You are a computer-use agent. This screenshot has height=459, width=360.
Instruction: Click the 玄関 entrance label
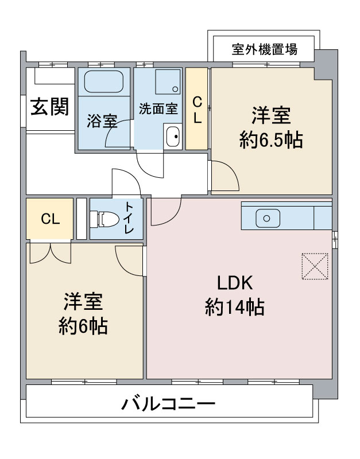click(x=50, y=107)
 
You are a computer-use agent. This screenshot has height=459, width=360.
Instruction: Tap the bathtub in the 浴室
click(x=103, y=81)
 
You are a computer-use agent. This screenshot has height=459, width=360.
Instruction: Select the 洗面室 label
click(x=158, y=108)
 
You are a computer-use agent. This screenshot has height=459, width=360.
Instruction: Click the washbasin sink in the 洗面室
click(x=172, y=137)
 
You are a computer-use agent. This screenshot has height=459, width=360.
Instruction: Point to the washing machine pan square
click(x=168, y=81)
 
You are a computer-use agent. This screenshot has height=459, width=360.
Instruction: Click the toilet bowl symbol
click(x=104, y=219)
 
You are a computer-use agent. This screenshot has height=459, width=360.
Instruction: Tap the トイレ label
click(x=129, y=217)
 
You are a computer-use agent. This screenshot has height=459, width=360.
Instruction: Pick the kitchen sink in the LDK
click(x=267, y=218)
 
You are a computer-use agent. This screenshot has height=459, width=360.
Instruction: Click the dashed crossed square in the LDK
click(x=315, y=266)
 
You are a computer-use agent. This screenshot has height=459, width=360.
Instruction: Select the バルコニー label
click(x=169, y=404)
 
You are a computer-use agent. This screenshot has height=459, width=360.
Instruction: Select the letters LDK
click(x=235, y=283)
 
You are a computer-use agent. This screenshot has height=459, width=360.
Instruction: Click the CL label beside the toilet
click(x=51, y=219)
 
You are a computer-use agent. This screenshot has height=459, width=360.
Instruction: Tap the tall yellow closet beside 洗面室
click(x=196, y=108)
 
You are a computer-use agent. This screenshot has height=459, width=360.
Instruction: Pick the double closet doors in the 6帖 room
click(x=51, y=252)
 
